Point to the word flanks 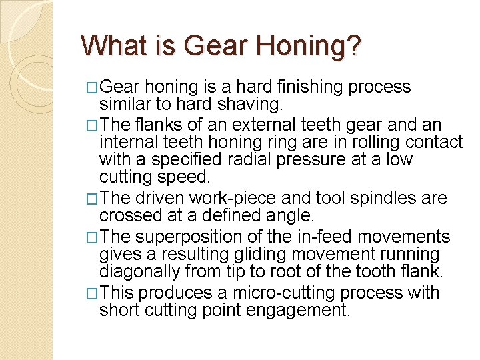point(156,125)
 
